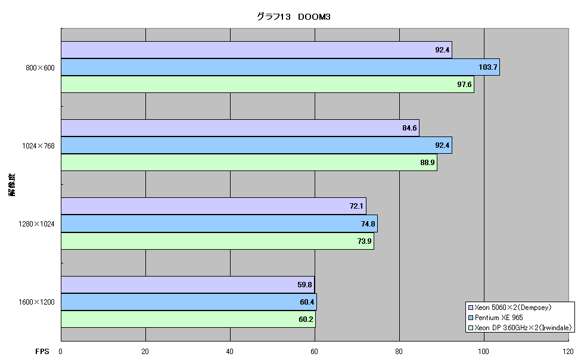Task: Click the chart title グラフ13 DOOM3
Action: point(293,17)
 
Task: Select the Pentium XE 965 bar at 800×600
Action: point(280,67)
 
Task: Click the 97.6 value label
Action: point(464,85)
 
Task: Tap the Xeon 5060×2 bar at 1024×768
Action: point(240,128)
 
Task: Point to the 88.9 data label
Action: point(427,162)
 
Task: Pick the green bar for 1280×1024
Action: point(217,241)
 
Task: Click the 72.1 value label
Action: point(356,206)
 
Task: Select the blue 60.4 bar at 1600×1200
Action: point(189,302)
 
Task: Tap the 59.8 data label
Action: point(304,285)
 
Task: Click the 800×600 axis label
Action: point(40,68)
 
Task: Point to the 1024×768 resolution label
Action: point(38,146)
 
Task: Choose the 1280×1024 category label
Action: point(36,224)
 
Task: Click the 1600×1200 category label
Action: point(36,302)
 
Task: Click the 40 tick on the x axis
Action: point(229,352)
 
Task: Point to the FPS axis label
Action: point(42,352)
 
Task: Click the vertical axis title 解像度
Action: point(12,184)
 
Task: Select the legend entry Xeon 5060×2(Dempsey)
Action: point(510,308)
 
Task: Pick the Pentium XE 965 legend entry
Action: point(495,318)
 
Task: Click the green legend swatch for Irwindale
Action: point(470,328)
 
